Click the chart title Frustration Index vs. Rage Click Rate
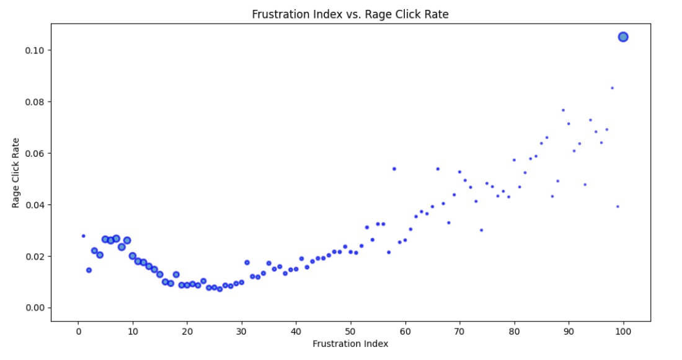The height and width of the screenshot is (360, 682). point(350,14)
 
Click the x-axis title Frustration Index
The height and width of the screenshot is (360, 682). point(350,344)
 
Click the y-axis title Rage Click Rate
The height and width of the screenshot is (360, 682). point(16,173)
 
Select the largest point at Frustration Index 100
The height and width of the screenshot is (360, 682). point(623,37)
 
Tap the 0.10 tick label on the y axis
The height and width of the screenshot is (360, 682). point(35,50)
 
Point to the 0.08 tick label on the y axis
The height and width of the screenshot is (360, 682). point(35,102)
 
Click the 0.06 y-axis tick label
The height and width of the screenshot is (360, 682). point(35,153)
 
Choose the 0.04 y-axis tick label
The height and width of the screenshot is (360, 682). point(35,205)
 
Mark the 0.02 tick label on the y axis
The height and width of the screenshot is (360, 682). point(35,257)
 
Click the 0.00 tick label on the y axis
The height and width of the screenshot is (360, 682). point(35,308)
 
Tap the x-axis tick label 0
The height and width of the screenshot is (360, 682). point(78,331)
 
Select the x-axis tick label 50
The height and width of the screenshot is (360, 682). point(350,331)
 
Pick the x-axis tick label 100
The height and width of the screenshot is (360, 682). point(623,331)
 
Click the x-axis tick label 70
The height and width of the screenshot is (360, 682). point(459,331)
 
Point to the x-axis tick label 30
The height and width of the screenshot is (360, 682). point(242,331)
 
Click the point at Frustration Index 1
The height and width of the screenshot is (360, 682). point(83,235)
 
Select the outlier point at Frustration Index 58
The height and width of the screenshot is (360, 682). point(394,169)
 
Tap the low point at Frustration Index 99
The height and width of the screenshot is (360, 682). point(618,206)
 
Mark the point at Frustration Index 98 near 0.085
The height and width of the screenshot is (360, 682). point(612,88)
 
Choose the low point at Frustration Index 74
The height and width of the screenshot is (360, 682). point(481,230)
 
